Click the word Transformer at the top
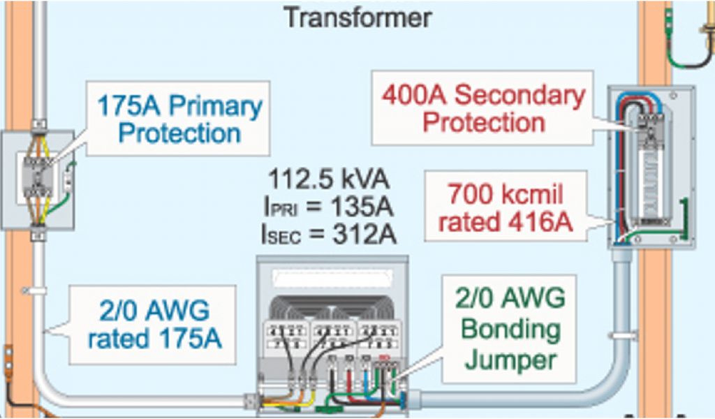(x=357, y=17)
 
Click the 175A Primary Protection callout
(x=179, y=119)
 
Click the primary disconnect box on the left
(x=38, y=180)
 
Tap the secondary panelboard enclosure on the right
(x=651, y=168)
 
